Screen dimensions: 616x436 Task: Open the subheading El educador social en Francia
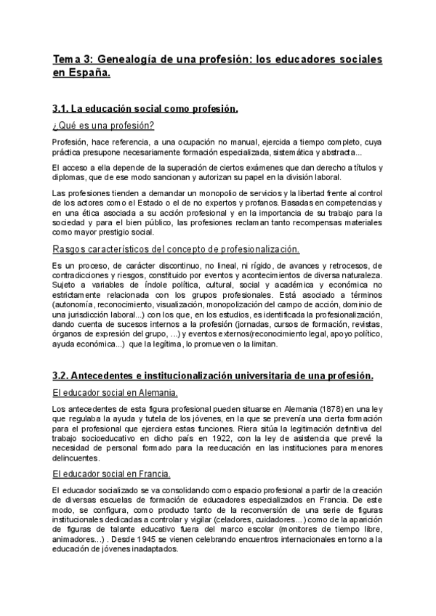pos(112,474)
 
